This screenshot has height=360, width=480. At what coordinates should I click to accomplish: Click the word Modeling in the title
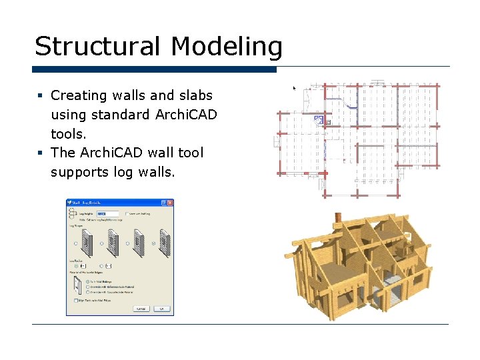coord(227,47)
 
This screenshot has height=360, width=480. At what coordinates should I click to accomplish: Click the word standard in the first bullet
coord(118,115)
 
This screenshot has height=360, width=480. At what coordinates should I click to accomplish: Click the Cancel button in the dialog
coord(141,309)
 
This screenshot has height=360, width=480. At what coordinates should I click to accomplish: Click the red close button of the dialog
coord(170,203)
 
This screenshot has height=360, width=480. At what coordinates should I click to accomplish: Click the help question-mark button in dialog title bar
coord(163,203)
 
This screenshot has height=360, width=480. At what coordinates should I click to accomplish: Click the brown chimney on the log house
coord(338,219)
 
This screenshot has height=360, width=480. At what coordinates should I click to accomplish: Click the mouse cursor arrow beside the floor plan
coord(295,87)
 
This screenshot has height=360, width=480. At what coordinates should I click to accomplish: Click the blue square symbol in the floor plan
coord(319,120)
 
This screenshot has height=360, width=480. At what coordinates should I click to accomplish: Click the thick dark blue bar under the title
coord(154,69)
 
